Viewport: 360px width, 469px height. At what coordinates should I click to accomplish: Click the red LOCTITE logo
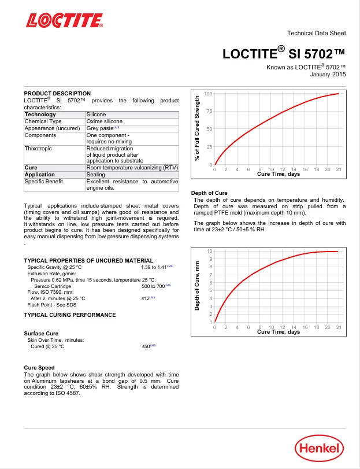[63, 21]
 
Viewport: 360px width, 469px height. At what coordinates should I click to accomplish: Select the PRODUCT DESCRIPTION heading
[57, 93]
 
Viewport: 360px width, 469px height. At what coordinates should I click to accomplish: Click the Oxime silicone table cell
[104, 121]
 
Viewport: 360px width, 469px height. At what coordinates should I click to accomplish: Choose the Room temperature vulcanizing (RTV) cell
[132, 167]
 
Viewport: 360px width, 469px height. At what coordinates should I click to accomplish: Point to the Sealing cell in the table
[96, 174]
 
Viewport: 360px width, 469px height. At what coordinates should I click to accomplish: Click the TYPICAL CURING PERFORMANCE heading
[70, 315]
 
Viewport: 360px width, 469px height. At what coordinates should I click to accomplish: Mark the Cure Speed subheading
[39, 367]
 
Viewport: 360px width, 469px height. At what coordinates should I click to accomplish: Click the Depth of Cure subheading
[209, 193]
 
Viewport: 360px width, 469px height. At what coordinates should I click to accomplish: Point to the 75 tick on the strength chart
[209, 111]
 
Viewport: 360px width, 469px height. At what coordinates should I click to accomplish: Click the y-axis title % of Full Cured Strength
[197, 129]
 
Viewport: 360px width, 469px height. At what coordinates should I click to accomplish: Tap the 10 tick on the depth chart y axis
[210, 250]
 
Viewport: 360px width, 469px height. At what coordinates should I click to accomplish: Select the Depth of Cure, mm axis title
[197, 286]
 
